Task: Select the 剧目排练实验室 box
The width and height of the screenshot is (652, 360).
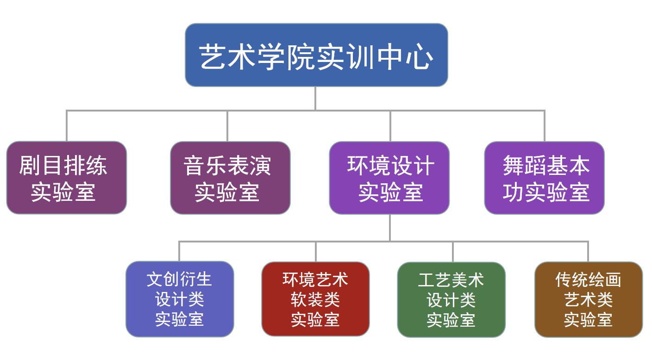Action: (x=66, y=178)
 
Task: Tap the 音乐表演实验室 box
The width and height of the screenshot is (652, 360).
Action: (x=230, y=178)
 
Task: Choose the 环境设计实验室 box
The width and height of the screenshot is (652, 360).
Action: (x=389, y=178)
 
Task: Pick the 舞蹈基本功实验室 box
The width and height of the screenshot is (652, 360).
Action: (x=544, y=178)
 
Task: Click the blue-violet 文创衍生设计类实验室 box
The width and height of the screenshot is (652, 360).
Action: (x=180, y=299)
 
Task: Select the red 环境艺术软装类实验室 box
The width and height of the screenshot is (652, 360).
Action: (x=315, y=299)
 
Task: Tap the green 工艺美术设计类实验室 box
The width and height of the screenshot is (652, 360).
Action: (x=451, y=299)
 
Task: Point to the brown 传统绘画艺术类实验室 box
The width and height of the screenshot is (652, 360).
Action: (x=588, y=299)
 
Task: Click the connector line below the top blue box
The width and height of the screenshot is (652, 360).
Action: (x=315, y=98)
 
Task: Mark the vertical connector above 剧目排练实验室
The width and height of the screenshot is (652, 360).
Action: (x=67, y=126)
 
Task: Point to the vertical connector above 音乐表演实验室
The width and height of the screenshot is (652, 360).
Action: (x=227, y=126)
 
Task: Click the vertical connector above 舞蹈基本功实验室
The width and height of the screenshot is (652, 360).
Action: (x=544, y=126)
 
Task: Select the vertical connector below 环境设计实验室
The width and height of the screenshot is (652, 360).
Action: (x=390, y=228)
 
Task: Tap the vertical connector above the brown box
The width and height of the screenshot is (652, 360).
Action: (x=588, y=251)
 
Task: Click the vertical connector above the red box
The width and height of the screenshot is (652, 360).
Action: (x=316, y=251)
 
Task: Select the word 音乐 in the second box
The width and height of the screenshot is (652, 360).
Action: (x=205, y=166)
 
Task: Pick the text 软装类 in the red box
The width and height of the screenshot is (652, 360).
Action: (x=315, y=299)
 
